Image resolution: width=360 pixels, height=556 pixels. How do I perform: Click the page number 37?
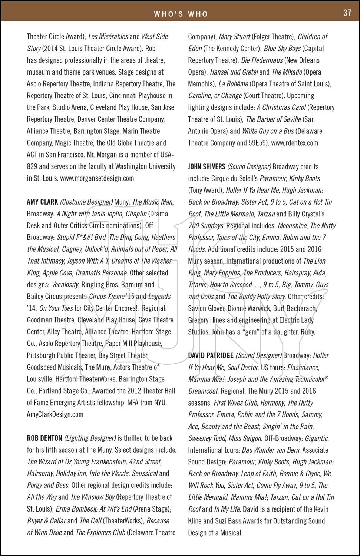[x=347, y=13]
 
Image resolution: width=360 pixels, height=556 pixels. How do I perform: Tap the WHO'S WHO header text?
[x=181, y=14]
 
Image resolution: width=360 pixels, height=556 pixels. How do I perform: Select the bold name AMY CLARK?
[x=42, y=202]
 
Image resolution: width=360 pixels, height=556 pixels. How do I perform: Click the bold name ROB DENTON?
[x=44, y=438]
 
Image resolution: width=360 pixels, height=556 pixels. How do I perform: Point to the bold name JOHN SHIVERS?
[x=207, y=167]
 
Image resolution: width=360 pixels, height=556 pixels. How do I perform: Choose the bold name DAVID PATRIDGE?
[x=211, y=355]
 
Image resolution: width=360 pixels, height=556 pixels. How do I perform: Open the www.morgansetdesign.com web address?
[x=97, y=178]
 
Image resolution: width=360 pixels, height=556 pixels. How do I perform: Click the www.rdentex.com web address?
[x=294, y=143]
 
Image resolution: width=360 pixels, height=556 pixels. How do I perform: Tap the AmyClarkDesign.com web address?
[x=55, y=414]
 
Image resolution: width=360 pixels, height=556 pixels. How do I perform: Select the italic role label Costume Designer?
[x=86, y=202]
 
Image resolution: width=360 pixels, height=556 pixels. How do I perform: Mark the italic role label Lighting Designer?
[x=90, y=438]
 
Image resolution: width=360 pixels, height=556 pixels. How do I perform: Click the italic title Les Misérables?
[x=108, y=37]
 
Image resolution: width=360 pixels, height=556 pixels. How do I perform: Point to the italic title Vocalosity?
[x=65, y=285]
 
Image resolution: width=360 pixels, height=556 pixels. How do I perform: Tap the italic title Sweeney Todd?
[x=207, y=438]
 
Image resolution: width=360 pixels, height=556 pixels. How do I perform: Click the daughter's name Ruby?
[x=308, y=332]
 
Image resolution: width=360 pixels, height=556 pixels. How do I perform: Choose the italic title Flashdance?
[x=303, y=367]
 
